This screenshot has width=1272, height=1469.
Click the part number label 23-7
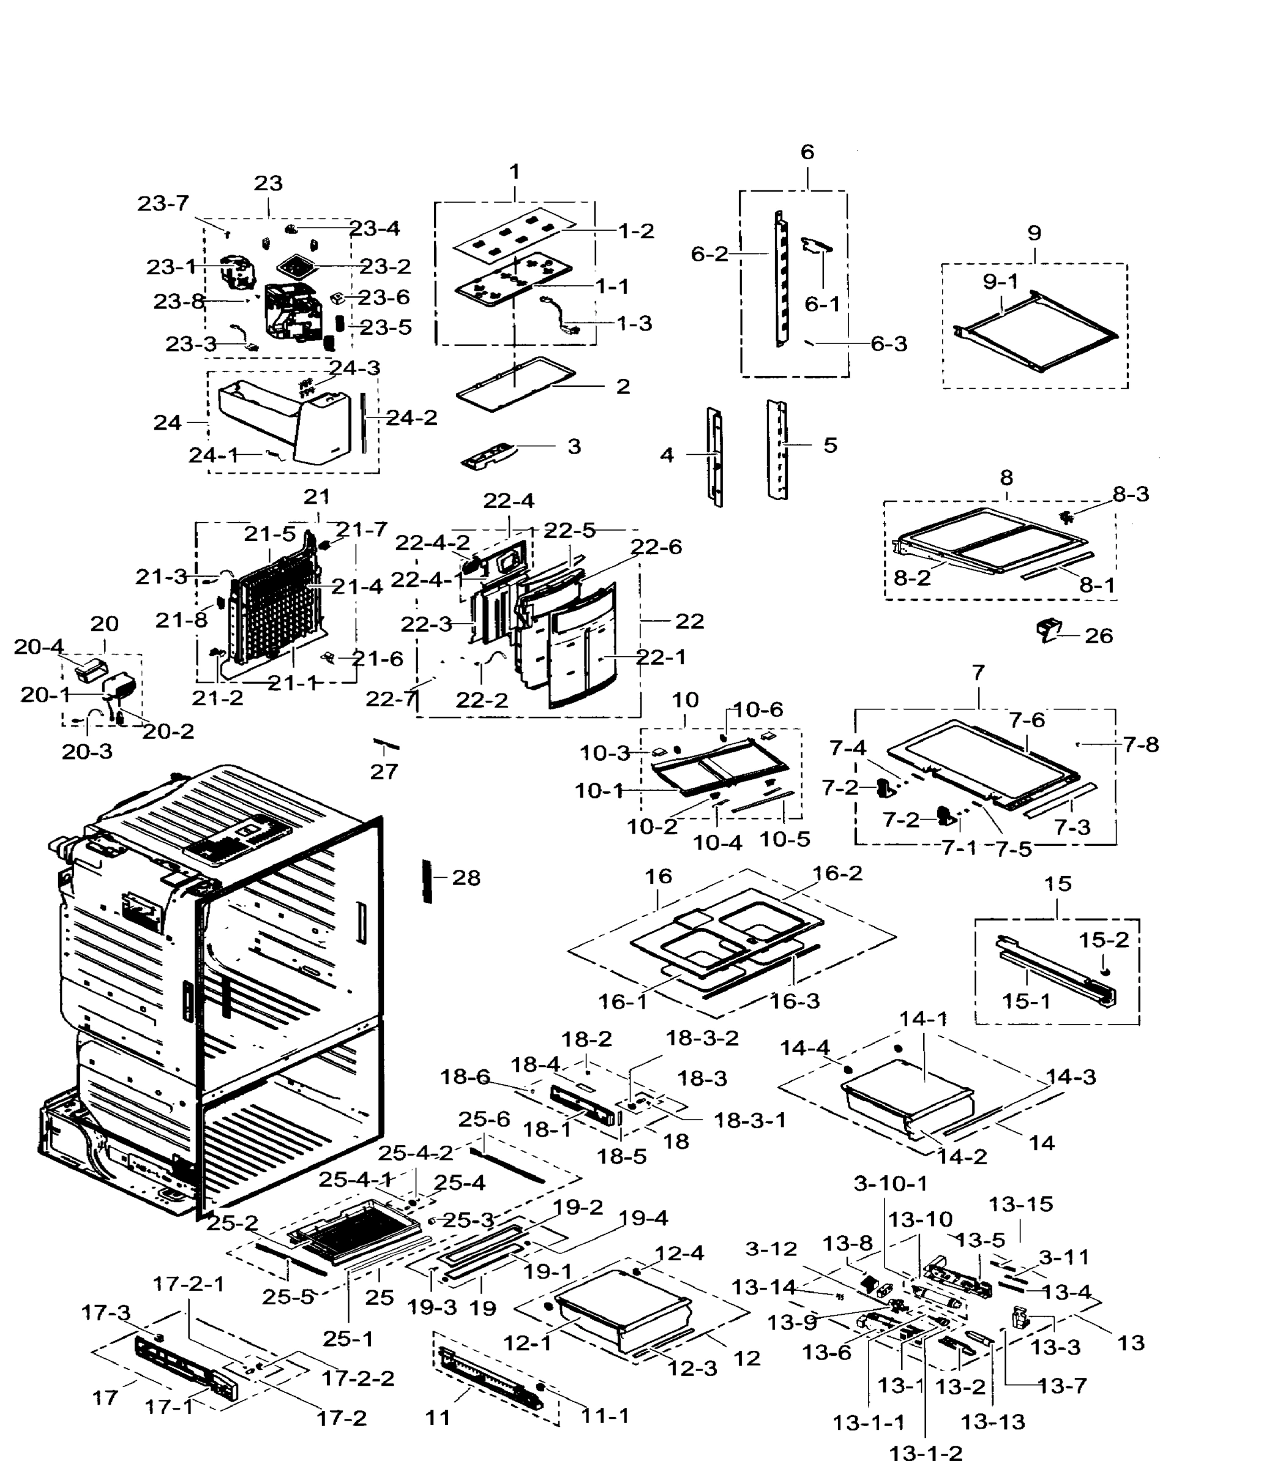point(163,204)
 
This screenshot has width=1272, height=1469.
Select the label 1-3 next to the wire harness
point(634,323)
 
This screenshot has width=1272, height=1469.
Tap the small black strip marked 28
point(427,881)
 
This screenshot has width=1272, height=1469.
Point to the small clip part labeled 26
point(1048,629)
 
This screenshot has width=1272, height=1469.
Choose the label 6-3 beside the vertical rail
point(889,344)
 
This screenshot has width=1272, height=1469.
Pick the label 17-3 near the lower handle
point(106,1313)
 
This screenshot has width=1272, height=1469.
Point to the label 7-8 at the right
point(1140,744)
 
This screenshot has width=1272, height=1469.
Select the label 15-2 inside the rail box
point(1103,940)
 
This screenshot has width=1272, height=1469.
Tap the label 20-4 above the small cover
point(39,646)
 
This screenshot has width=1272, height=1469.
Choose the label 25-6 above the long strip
point(484,1119)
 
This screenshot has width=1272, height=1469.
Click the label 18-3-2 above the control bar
point(701,1038)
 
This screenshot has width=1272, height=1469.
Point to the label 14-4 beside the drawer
point(804,1047)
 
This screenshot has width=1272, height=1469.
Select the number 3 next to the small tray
point(574,446)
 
